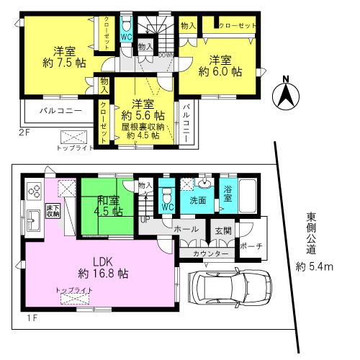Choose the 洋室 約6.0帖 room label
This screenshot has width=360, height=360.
click(x=216, y=65)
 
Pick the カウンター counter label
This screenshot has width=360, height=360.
click(x=210, y=255)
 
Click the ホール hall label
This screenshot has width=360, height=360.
click(x=185, y=228)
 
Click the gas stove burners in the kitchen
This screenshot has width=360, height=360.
click(x=34, y=191)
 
